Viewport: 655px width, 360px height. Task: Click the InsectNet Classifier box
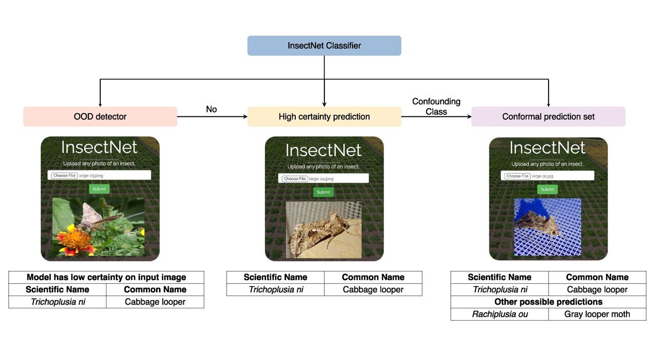pos(324,46)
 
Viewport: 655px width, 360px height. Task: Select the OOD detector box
pos(100,117)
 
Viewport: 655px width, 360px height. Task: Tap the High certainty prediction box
pos(324,117)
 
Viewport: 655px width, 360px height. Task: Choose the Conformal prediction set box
pos(548,117)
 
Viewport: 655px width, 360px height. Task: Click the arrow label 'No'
pos(211,109)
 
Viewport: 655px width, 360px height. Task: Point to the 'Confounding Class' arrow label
pos(436,107)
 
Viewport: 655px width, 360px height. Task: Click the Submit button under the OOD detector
pos(99,189)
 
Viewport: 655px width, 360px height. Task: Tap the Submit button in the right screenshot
pos(547,189)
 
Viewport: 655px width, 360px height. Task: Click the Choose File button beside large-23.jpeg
pos(64,176)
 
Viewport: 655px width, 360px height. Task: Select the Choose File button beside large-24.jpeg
pos(295,179)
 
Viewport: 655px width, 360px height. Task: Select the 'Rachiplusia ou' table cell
pos(499,314)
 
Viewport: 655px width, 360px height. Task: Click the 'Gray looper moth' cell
pos(597,314)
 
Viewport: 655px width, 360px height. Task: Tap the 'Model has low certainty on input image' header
pos(106,278)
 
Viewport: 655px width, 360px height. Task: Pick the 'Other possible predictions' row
pos(548,302)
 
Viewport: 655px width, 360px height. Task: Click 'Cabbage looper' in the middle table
pos(373,290)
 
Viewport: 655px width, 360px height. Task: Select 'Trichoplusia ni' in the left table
pos(58,302)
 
